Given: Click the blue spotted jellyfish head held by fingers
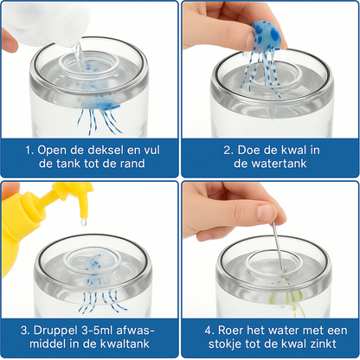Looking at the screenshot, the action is coord(265,34).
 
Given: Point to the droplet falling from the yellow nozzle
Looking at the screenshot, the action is coord(83,222).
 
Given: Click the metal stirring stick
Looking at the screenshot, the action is coord(278,247).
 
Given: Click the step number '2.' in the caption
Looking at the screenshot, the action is coord(228,150).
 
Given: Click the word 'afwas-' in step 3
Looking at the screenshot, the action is coord(135,331).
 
